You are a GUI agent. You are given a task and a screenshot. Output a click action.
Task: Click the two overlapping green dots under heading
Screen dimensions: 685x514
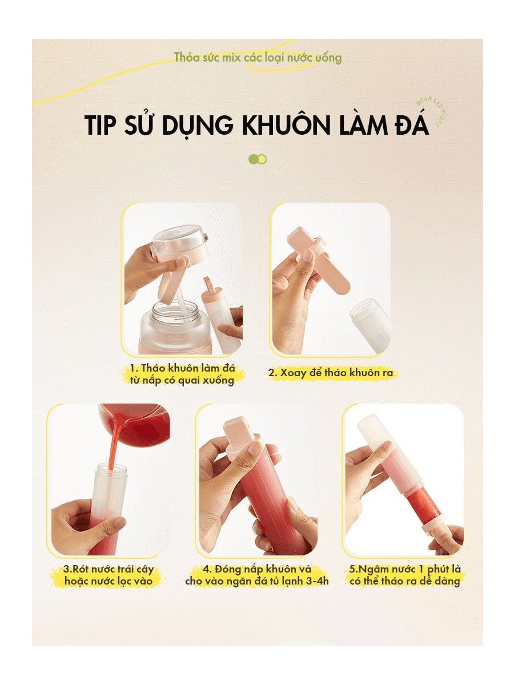258,159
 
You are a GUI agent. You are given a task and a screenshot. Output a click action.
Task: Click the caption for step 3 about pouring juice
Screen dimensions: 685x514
109,575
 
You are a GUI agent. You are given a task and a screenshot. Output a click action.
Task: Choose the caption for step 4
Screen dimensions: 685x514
257,575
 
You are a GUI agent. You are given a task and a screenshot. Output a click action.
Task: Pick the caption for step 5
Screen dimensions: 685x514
405,575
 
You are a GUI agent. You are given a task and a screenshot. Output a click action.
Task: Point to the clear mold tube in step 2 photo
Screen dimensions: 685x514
370,323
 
